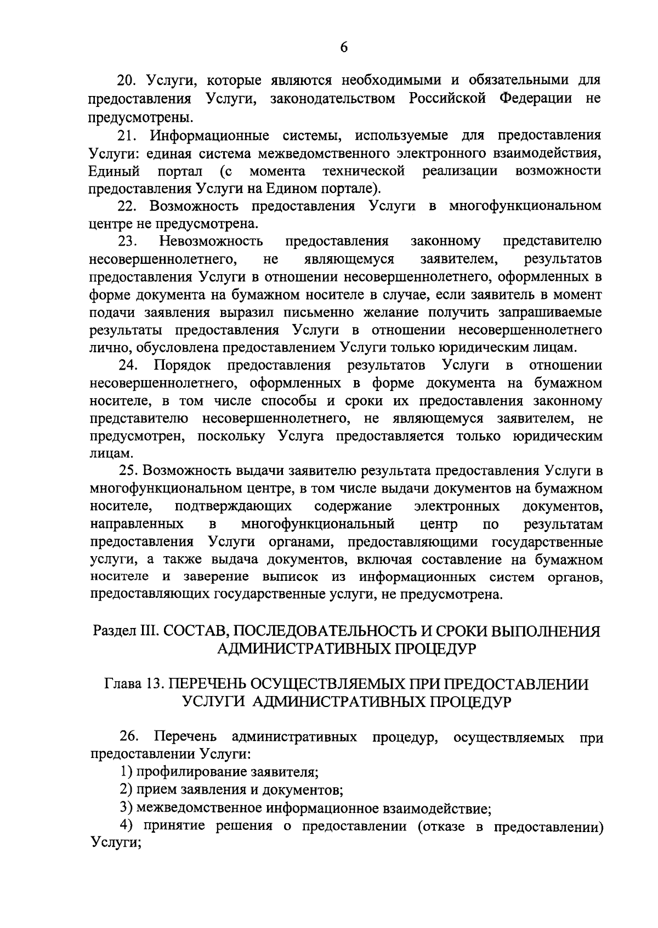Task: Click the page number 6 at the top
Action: pyautogui.click(x=344, y=47)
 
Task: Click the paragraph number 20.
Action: pyautogui.click(x=128, y=81)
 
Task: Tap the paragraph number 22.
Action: pyautogui.click(x=128, y=206)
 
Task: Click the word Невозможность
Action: pyautogui.click(x=211, y=241)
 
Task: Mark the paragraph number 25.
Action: pyautogui.click(x=128, y=471)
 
